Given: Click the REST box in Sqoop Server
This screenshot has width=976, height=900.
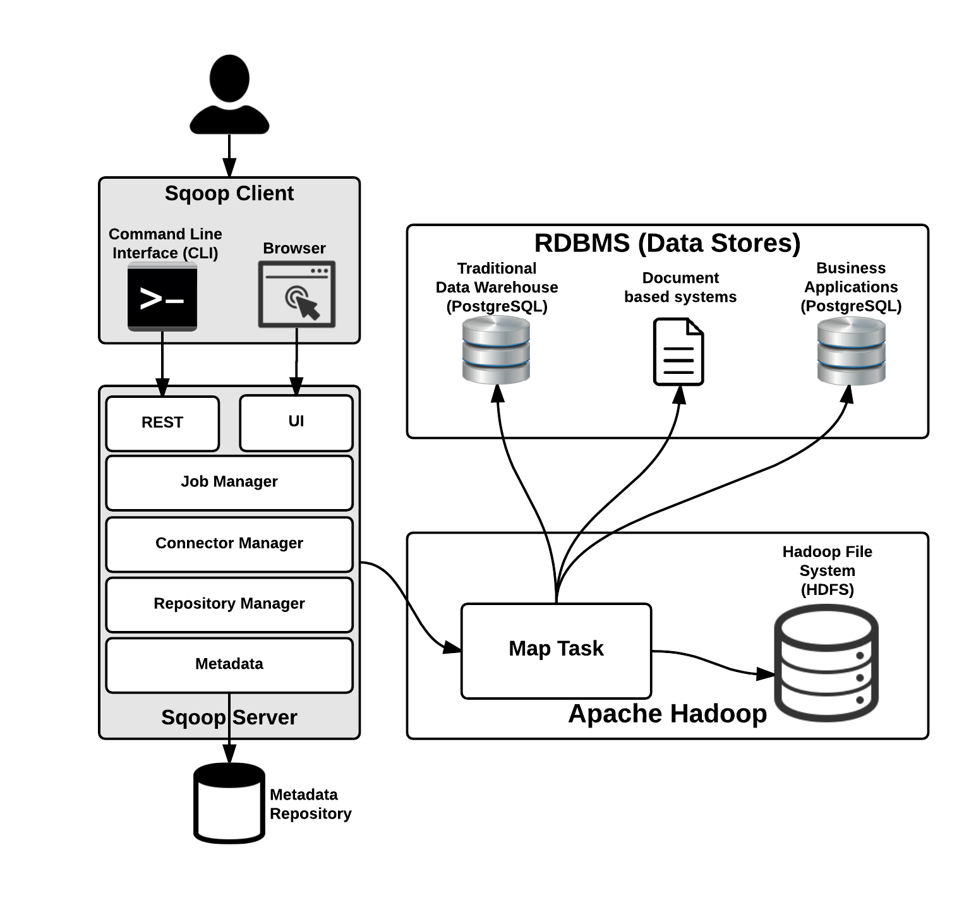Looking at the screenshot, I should pos(162,423).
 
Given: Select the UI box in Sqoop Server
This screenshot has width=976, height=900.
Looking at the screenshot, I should pos(296,423).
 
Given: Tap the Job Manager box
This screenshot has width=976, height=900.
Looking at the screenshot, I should pos(229,483).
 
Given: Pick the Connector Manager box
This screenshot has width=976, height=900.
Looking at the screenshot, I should pos(229,544).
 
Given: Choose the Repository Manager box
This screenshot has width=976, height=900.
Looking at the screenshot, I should pos(229,604).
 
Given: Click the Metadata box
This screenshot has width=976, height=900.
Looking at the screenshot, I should pos(229,664).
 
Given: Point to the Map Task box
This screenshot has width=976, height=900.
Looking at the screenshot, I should pos(556,651).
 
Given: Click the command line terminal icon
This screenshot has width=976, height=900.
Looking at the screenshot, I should pos(162,297).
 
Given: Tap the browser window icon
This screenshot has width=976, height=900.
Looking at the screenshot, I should pos(296,295).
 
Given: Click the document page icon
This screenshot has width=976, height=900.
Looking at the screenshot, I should pos(678,352).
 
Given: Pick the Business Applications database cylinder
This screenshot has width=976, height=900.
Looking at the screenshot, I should pos(851,351).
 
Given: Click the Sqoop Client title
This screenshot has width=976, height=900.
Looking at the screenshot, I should pos(229,193).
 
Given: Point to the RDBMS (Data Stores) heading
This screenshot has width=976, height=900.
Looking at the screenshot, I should pos(667,243).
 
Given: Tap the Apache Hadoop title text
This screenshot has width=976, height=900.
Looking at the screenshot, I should pos(667,714).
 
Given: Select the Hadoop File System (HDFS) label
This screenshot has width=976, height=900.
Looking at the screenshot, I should pos(827,570).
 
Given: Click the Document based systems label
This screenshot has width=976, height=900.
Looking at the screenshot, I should pos(680,287).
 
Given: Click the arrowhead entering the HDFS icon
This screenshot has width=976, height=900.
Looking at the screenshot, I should pos(766,674).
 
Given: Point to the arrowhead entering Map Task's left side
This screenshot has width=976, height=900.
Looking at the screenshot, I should pos(452,647).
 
